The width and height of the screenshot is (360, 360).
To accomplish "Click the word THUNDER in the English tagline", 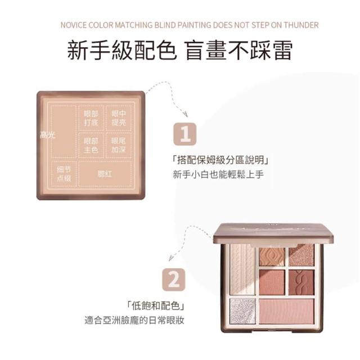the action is point(301,25).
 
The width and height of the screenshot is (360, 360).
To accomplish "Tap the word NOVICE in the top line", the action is point(74,25).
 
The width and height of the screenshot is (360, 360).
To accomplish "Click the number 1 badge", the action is point(185,134).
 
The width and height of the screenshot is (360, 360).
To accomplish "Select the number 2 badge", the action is point(174,280).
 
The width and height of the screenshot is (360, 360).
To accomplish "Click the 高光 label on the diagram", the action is point(48,135).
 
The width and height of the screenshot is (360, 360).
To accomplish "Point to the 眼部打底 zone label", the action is point(91,118).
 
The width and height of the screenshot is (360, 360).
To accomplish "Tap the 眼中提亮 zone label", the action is point(119,118).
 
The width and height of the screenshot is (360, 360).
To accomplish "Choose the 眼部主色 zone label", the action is point(91,145).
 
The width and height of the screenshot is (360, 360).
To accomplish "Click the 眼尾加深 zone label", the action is point(119,145).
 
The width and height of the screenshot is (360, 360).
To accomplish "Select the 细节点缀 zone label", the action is point(64,174).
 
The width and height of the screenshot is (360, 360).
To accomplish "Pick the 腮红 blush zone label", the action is point(105,174).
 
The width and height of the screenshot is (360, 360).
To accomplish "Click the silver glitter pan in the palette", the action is point(242,311).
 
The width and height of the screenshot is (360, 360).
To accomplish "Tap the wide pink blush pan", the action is point(286,311).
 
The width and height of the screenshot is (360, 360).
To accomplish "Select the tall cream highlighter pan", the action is point(242,269).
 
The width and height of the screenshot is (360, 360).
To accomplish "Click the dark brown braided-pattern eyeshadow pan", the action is point(301,282).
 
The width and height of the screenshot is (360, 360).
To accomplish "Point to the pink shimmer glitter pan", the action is point(301,255).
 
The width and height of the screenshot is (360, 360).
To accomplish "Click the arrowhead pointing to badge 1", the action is point(185,114).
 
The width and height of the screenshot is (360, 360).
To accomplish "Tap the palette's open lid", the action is point(273,233).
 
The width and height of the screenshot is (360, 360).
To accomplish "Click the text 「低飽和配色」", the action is point(155,305).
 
